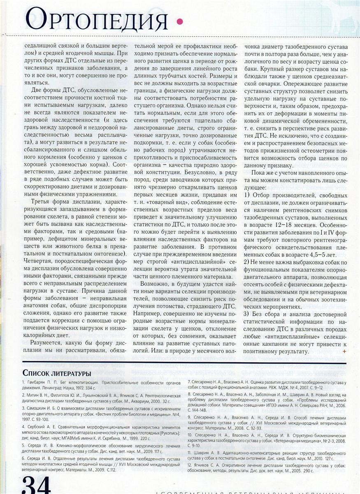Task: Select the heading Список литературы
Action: point(57,373)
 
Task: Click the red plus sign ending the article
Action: point(344,351)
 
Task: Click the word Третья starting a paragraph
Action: point(41,203)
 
